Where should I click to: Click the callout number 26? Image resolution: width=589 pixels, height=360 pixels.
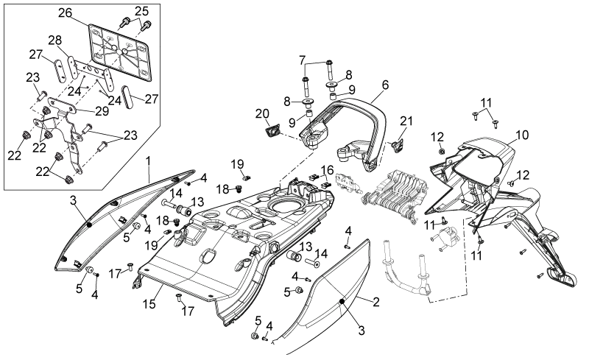point(65,13)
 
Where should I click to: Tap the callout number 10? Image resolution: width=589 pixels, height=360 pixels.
point(522,135)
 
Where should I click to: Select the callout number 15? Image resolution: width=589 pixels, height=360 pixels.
point(149,303)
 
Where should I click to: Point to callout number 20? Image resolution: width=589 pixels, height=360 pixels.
point(262,113)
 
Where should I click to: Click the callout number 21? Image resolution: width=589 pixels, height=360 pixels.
point(406,121)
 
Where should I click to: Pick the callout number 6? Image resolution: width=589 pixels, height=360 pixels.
point(385,85)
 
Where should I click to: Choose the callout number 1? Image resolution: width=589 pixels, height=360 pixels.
point(148,161)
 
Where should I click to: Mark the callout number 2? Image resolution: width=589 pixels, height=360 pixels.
point(375,301)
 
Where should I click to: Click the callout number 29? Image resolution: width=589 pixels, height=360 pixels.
point(102,111)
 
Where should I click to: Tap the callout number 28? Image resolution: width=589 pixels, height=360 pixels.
point(55,40)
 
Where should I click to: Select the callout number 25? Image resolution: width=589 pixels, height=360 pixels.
point(141,11)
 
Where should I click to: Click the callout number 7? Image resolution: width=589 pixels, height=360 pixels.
point(303,60)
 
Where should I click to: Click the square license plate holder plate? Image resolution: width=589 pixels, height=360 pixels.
point(119,52)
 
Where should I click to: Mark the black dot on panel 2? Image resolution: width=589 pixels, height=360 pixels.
point(342,301)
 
